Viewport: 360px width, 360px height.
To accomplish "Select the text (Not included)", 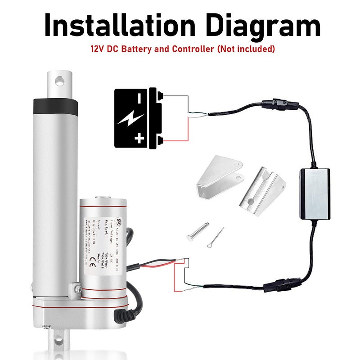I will pos(246,49).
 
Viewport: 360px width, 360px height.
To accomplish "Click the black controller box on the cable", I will pos(315,194).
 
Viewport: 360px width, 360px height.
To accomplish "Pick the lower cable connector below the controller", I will pos(280,285).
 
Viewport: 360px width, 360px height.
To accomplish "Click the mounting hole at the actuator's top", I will pos(59,81).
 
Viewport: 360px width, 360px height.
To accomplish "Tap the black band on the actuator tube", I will pos(55,106).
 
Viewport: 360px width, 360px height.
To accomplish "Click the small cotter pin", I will pos(216,237).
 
